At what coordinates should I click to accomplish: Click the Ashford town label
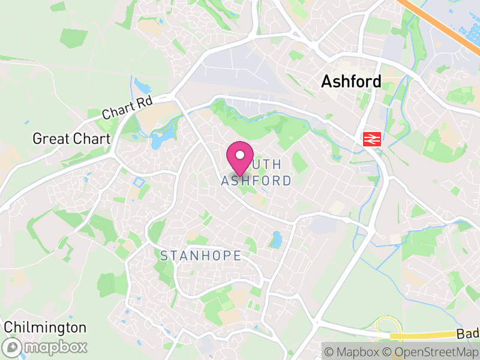(x=351, y=82)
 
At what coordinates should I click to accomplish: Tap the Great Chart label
(x=71, y=139)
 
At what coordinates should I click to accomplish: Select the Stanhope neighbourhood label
(x=200, y=256)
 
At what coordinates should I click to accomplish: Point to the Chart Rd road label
(x=127, y=107)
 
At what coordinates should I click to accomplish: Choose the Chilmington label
(x=45, y=328)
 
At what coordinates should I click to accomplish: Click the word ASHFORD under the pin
(x=256, y=181)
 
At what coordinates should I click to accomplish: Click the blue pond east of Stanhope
(x=276, y=240)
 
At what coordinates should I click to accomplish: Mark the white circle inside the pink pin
(x=239, y=155)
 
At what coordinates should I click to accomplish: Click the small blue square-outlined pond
(x=139, y=182)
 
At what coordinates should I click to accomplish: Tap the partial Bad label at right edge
(x=467, y=334)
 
